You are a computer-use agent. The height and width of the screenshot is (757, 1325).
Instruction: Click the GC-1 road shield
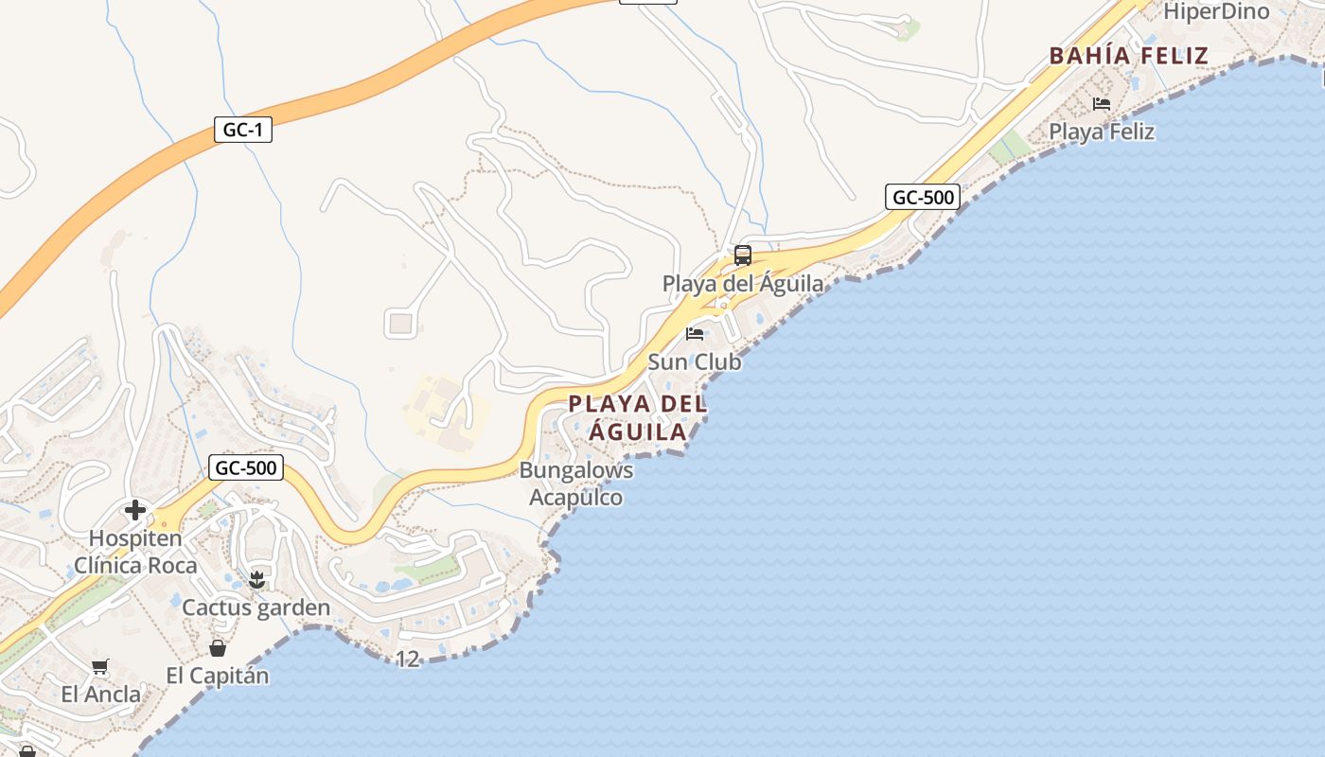(243, 130)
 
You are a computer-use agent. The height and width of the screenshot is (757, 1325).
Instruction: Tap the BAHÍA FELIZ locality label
(1128, 56)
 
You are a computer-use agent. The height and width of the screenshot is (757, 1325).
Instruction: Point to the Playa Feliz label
(1102, 132)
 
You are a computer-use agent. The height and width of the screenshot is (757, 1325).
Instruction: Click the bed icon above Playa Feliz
(1102, 103)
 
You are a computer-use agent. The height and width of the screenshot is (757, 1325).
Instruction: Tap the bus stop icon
(743, 255)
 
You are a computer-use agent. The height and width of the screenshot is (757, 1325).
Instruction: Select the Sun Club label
(695, 361)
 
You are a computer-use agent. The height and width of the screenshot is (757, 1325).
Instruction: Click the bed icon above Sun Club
(695, 334)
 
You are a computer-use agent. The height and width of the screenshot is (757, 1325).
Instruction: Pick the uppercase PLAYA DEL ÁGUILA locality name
(638, 418)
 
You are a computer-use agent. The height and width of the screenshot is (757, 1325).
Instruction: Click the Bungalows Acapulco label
(576, 484)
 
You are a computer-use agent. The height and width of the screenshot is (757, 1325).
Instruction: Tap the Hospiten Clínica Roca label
(135, 552)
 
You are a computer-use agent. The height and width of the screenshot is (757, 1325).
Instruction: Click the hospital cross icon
(135, 510)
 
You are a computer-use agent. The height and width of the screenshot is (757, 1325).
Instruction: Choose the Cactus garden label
(256, 607)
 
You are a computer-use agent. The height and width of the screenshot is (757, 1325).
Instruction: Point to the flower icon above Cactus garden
(256, 580)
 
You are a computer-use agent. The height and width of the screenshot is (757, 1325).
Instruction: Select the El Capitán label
(218, 676)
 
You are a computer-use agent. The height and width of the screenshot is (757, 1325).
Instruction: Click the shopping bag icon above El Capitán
(218, 648)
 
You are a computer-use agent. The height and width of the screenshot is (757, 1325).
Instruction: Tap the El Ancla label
(100, 695)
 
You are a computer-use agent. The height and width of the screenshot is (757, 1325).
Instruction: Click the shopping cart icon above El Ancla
(100, 666)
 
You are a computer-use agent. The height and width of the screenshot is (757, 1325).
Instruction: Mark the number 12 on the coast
(408, 659)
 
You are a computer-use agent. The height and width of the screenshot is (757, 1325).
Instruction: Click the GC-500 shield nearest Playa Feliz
(923, 197)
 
